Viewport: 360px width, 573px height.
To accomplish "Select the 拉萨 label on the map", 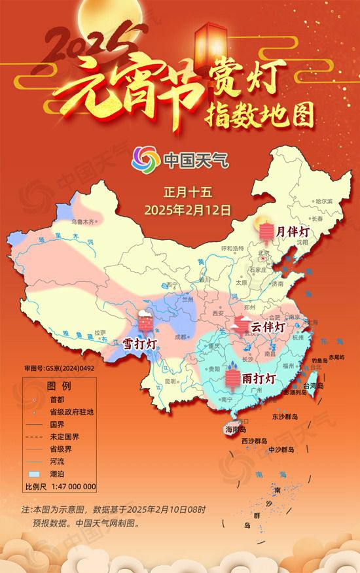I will click(100, 332).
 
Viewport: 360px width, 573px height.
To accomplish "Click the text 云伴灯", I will click(269, 326).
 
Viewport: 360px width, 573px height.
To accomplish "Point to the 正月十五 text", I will click(189, 193).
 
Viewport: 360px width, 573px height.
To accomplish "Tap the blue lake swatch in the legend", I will click(34, 473).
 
